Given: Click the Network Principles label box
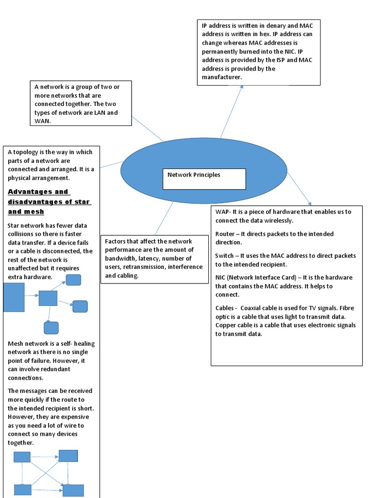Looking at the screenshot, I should pos(203,178).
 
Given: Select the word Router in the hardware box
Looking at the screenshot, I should pos(225,234).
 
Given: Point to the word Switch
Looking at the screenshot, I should pos(225,256).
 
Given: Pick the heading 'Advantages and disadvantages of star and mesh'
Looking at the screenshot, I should pos(49,201).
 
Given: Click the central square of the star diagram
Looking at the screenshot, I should pos(48,298).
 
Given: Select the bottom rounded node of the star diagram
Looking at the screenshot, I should pos(51,328).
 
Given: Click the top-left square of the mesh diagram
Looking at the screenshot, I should pos(22,457).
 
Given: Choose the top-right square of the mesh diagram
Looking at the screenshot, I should pos(68,456).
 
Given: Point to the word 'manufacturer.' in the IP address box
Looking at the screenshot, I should pos(221,77).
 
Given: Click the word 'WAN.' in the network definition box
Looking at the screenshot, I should pos(43,121).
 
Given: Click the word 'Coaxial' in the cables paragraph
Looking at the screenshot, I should pos(253,308).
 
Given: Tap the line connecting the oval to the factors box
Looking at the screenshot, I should pos(164,218).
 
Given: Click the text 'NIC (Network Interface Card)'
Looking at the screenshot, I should pos(255,278).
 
